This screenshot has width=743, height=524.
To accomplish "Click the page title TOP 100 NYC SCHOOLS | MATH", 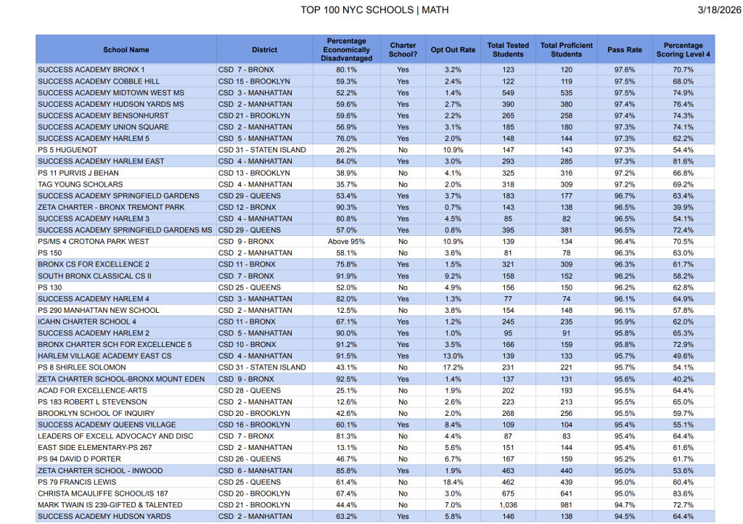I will click(x=374, y=10).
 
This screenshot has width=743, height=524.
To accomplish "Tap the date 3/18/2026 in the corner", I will click(x=716, y=10).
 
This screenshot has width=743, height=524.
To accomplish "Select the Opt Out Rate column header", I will click(x=453, y=50).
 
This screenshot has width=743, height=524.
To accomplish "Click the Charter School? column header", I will click(x=403, y=50).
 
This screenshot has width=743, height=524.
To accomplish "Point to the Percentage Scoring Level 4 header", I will click(x=683, y=50).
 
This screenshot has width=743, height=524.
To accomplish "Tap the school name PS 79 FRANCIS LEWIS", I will click(x=78, y=482).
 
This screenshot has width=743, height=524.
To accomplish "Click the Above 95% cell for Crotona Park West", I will click(x=346, y=242).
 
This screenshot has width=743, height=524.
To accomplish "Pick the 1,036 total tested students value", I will click(x=508, y=505).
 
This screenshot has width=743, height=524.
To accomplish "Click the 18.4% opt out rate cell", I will click(x=453, y=482).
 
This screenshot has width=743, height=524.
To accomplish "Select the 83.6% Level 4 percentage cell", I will click(x=683, y=494).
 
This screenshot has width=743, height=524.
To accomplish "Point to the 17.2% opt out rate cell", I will click(x=453, y=368).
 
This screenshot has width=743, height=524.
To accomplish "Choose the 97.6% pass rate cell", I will click(x=624, y=70).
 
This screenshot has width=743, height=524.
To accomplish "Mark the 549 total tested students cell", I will click(x=508, y=93).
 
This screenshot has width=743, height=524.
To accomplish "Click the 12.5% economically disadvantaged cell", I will click(x=346, y=311).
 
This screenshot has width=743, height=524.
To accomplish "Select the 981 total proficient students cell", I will click(x=566, y=505).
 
